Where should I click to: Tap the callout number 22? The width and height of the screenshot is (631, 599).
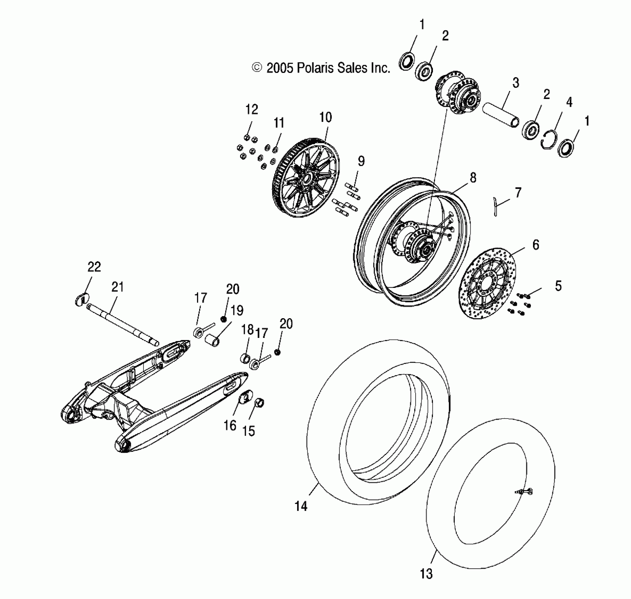[x=94, y=267]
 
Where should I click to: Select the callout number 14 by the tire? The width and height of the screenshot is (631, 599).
[x=301, y=506]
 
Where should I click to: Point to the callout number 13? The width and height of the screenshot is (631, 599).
[x=426, y=574]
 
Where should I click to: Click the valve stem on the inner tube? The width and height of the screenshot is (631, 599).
[x=525, y=492]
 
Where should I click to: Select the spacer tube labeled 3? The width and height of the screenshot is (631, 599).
[x=500, y=113]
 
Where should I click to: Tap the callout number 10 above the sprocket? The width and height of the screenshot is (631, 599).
[x=325, y=117]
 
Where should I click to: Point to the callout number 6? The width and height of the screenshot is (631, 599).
[x=536, y=245]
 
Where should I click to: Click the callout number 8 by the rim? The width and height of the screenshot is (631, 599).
[x=473, y=178]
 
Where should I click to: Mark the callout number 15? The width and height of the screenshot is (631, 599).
[x=249, y=431]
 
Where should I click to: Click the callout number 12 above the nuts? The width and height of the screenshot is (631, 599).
[x=252, y=110]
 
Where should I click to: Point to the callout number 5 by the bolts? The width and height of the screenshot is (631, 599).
[x=558, y=286]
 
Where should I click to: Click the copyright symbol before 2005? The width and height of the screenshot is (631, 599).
[x=258, y=68]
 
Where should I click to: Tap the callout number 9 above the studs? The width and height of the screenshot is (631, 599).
[x=361, y=161]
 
